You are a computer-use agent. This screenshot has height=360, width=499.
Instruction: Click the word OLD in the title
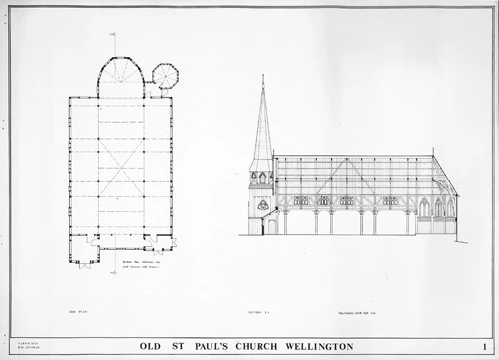coord(157,346)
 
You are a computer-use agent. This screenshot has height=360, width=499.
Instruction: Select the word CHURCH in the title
coord(279,346)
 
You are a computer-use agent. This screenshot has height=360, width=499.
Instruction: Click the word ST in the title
coord(186,346)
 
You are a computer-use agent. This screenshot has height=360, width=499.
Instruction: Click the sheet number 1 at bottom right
coord(483,346)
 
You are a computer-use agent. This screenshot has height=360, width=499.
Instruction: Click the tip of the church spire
coord(263,75)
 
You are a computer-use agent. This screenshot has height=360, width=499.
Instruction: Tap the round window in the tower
coord(263,204)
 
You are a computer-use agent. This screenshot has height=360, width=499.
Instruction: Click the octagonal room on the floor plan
coord(164,75)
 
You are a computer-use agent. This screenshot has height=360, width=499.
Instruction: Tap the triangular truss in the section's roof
coord(439,184)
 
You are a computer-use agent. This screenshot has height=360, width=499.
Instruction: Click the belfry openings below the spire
coord(263,178)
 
